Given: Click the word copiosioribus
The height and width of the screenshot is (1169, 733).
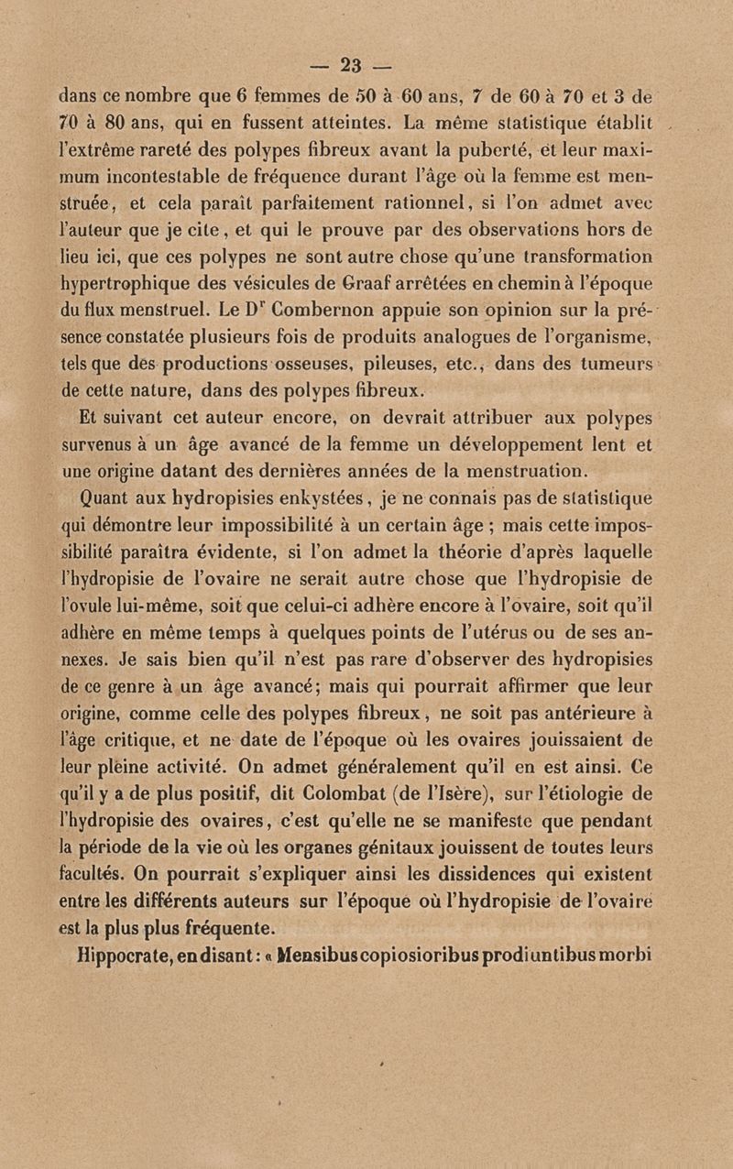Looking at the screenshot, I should coord(417,956).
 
